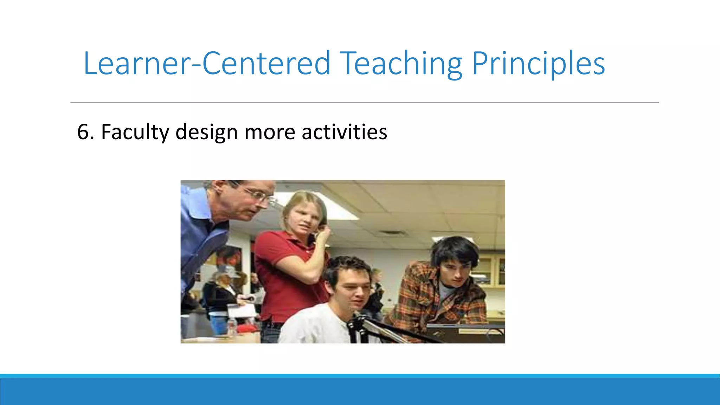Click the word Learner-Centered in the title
coord(207,63)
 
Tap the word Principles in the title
coord(538,63)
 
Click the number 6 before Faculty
coord(83,132)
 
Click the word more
coord(270,132)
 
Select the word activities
coord(344,132)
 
